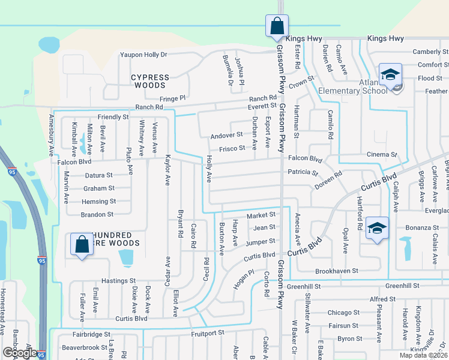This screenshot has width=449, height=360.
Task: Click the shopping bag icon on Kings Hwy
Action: (x=277, y=26)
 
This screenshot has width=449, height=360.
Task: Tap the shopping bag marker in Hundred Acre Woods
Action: (x=82, y=244)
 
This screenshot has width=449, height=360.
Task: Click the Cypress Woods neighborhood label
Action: (x=150, y=82)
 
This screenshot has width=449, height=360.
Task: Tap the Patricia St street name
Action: (x=303, y=172)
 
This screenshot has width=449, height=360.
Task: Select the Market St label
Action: (x=261, y=215)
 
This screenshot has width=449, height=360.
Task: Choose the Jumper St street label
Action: (x=261, y=241)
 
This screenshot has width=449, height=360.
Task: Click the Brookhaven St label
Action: (x=336, y=271)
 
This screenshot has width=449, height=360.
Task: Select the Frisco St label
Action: (x=232, y=148)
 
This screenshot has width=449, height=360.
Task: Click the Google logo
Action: (x=19, y=353)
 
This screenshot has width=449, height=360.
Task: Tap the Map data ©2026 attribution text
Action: (x=423, y=355)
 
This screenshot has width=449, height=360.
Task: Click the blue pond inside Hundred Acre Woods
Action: (x=126, y=257)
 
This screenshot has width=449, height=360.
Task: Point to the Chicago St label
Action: (x=343, y=313)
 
